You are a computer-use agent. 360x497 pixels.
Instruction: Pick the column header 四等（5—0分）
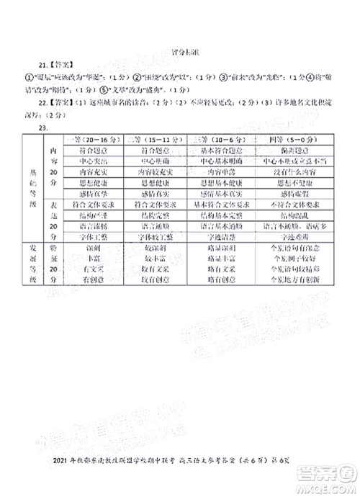[x=291, y=137]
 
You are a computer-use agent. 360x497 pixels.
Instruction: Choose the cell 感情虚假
[x=291, y=193]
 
